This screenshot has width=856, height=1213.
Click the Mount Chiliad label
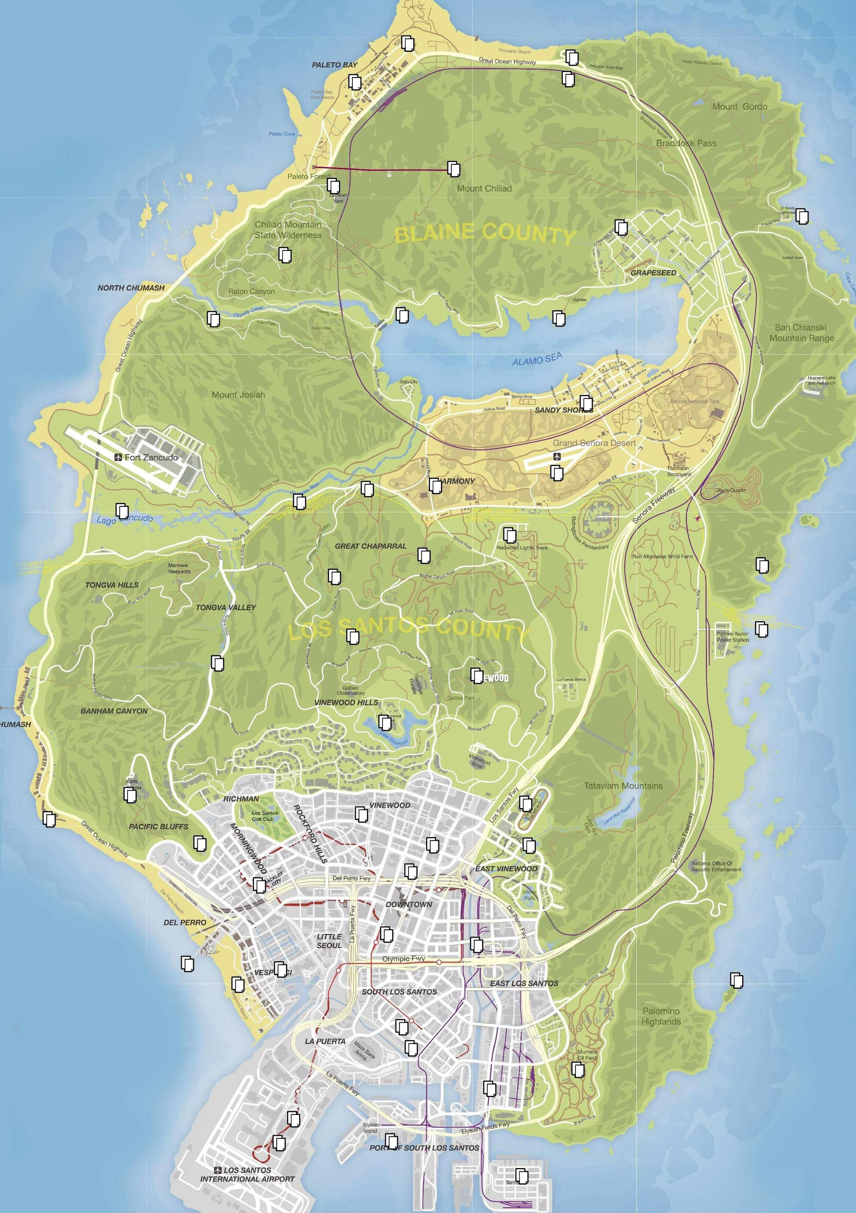[484, 188]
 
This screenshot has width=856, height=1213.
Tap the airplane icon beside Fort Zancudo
[118, 458]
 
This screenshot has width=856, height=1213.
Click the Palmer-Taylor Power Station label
[732, 637]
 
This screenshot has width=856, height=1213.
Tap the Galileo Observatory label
[351, 690]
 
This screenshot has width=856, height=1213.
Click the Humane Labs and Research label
[821, 381]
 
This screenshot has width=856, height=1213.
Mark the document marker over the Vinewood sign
[477, 675]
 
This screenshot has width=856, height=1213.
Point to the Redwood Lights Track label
[522, 548]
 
